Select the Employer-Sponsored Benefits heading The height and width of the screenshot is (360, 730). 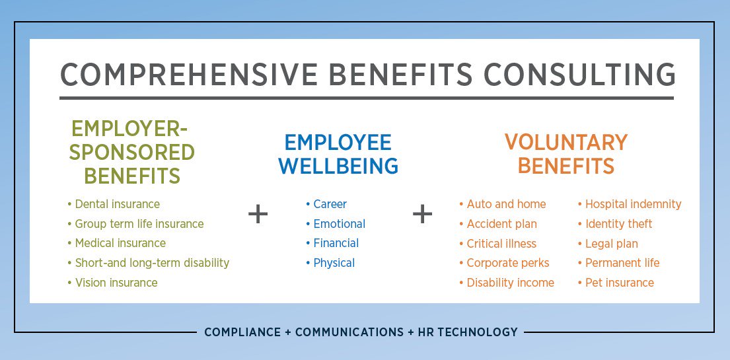133,152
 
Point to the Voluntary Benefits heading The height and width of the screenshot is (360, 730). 566,154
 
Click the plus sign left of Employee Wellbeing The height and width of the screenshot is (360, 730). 258,214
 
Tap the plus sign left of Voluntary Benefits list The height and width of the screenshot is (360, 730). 422,214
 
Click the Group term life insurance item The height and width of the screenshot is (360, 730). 139,224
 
